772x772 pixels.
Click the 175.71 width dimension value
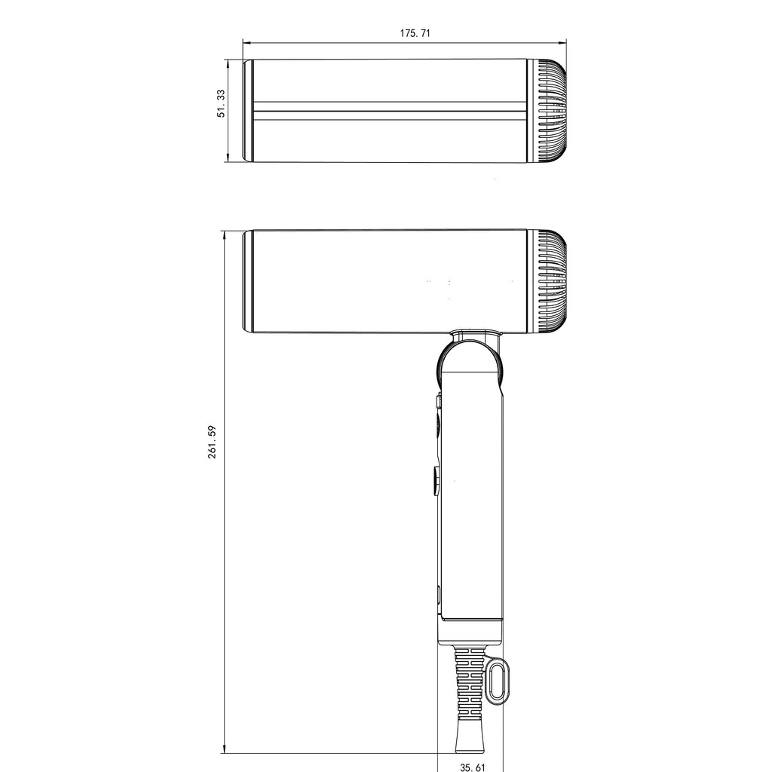pos(415,33)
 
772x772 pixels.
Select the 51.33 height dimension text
pos(221,103)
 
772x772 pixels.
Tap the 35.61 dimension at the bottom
pos(472,766)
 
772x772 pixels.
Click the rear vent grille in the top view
pos(552,111)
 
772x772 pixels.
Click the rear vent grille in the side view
pos(552,281)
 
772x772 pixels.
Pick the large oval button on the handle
pos(437,479)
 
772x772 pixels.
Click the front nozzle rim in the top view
pos(247,111)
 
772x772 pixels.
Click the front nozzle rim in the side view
pos(247,281)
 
